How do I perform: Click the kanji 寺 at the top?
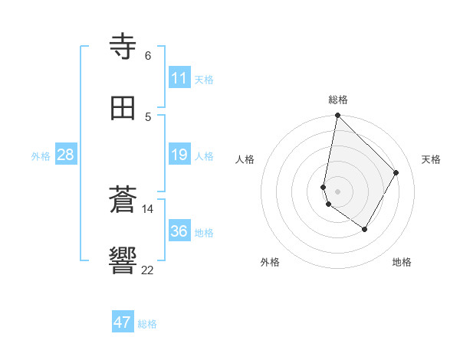[x=123, y=47]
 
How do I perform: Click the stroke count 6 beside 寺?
[x=148, y=56]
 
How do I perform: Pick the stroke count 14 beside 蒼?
[x=148, y=208]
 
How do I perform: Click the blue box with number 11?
[x=179, y=78]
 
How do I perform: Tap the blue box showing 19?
[x=179, y=155]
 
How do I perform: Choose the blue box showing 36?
[x=179, y=231]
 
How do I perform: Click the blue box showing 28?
[x=66, y=155]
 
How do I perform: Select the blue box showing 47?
[x=123, y=322]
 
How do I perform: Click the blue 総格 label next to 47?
[x=147, y=324]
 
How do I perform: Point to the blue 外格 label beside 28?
[x=41, y=156]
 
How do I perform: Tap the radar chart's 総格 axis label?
[x=338, y=100]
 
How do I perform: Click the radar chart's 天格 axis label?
[x=431, y=159]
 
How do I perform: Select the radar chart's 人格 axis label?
[x=245, y=159]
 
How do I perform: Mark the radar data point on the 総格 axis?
[x=337, y=115]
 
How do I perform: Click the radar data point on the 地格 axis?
[x=365, y=229]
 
